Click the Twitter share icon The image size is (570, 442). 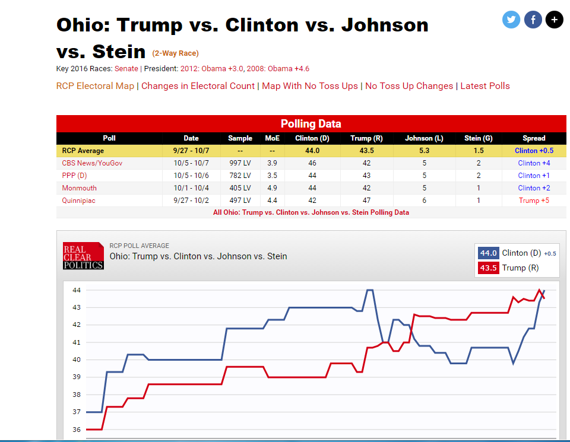coord(511,20)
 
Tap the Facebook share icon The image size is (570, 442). coord(533,20)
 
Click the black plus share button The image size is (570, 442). coord(554,20)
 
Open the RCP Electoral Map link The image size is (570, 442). coord(95,86)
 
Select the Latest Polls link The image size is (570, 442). coord(485,86)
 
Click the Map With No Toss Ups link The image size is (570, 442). coord(310,86)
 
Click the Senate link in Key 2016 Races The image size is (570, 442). coord(126,68)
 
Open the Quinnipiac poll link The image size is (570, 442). coord(79,201)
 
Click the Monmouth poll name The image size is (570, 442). coord(79,188)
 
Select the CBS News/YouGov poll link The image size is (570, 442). coord(92,163)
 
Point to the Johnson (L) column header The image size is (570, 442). coord(424,138)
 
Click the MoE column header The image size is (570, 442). coord(271,138)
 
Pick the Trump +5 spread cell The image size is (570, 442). coord(534,201)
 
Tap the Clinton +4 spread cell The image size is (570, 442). coord(534,163)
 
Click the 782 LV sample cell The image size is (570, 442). coord(240,176)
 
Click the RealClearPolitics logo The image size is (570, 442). coord(83,256)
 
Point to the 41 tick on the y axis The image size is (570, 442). coord(76,342)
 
